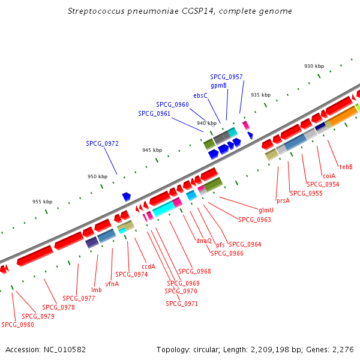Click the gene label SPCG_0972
[x=102, y=143]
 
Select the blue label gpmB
[x=218, y=86]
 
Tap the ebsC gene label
[x=200, y=95]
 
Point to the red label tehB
[x=346, y=167]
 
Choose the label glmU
[x=266, y=210]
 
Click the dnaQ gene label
[x=204, y=241]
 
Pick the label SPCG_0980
[x=17, y=325]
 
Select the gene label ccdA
[x=149, y=266]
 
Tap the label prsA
[x=283, y=200]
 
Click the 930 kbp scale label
[x=314, y=66]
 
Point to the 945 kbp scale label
[x=152, y=150]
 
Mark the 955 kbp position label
[x=42, y=202]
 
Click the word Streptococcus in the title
[x=96, y=11]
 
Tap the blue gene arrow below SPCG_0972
[x=127, y=197]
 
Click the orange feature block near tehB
[x=343, y=116]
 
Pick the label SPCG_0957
[x=226, y=77]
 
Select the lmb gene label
[x=97, y=290]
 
